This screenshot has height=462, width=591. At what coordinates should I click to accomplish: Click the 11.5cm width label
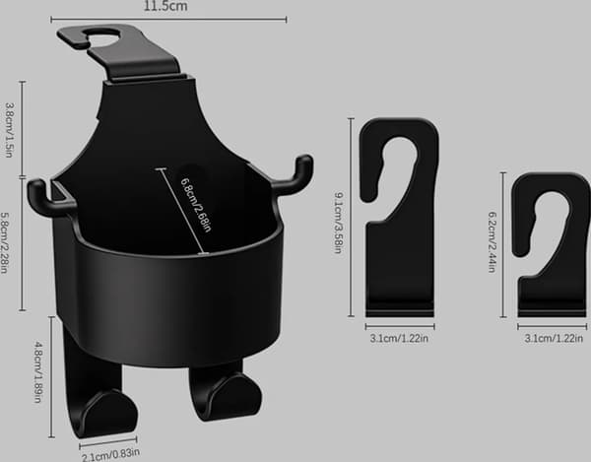click(x=165, y=6)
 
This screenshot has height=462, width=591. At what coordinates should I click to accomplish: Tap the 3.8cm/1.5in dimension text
click(x=10, y=130)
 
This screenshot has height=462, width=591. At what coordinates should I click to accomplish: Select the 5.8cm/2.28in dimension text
click(x=5, y=243)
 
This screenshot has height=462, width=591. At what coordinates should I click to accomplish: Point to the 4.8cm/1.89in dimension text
click(x=38, y=372)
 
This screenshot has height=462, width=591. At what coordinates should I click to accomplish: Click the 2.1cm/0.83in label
click(x=110, y=454)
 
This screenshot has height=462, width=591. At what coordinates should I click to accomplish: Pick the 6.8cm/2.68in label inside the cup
click(x=196, y=204)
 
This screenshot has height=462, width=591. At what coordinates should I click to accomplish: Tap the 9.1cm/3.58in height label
click(x=339, y=223)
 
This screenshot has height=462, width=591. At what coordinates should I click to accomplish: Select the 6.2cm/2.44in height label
click(x=492, y=242)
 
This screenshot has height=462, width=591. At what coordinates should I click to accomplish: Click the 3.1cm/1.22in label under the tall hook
click(x=399, y=339)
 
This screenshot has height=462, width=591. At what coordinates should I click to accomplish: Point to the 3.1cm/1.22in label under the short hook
click(x=554, y=339)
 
